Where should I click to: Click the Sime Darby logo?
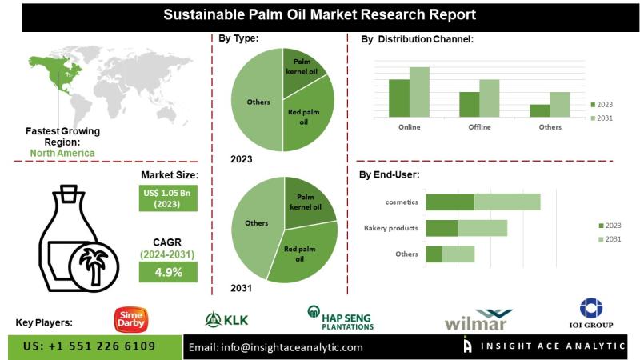click(130, 318)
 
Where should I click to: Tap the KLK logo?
click(226, 320)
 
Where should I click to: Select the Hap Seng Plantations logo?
click(342, 318)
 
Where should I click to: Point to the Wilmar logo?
click(479, 320)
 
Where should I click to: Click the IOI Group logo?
click(591, 314)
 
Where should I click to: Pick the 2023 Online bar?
click(398, 97)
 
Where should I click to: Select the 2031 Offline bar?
click(490, 98)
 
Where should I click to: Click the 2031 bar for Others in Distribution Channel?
click(560, 104)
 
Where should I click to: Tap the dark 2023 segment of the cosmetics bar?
click(450, 202)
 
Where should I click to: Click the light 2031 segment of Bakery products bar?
click(482, 228)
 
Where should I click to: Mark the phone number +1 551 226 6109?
click(90, 346)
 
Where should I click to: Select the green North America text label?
click(62, 153)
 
